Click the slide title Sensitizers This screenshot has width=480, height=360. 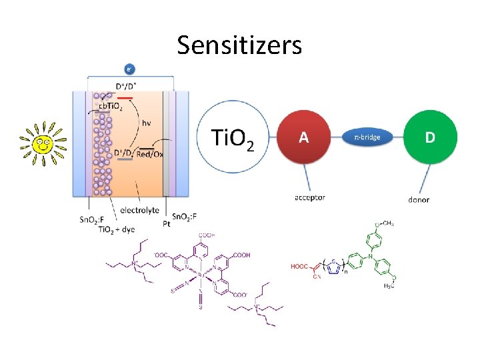[x=239, y=45]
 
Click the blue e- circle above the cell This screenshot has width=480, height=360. [x=129, y=68]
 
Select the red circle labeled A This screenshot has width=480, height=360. [x=303, y=137]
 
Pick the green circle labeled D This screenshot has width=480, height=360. [x=430, y=137]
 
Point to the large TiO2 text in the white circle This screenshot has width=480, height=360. [x=232, y=139]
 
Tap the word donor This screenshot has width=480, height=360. [x=418, y=199]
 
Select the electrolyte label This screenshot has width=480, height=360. [x=139, y=210]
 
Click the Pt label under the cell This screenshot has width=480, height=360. [x=166, y=225]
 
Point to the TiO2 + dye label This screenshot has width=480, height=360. [x=116, y=229]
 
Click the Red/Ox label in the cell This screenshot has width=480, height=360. [x=149, y=154]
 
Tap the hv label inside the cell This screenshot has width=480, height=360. [x=145, y=123]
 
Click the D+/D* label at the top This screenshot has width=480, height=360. [x=126, y=86]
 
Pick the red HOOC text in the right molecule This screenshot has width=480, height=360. [x=299, y=267]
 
